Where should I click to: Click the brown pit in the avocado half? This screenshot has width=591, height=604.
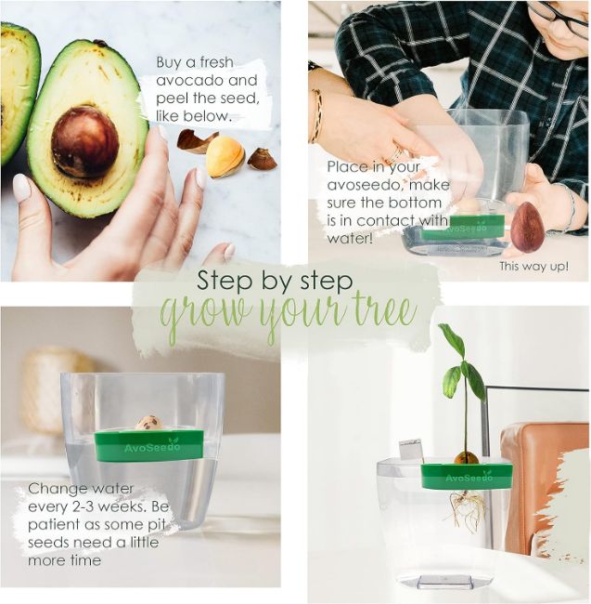[85, 142]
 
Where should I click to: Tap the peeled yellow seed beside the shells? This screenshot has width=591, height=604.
[225, 157]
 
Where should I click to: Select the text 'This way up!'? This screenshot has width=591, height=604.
[533, 266]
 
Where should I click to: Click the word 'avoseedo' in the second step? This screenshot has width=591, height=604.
[364, 185]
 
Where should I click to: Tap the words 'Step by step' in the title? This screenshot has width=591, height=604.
[275, 281]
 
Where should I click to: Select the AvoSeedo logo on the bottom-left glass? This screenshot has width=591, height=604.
[152, 447]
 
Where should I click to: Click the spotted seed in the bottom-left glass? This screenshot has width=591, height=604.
[148, 423]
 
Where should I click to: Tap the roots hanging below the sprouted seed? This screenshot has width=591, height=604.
[468, 507]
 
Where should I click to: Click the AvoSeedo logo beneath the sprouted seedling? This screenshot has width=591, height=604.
[469, 478]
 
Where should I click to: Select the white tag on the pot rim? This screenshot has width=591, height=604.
[410, 450]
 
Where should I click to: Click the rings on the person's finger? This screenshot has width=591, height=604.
[393, 153]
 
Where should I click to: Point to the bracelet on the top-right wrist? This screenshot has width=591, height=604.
[317, 115]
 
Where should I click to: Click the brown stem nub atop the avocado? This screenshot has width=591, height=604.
[100, 43]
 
